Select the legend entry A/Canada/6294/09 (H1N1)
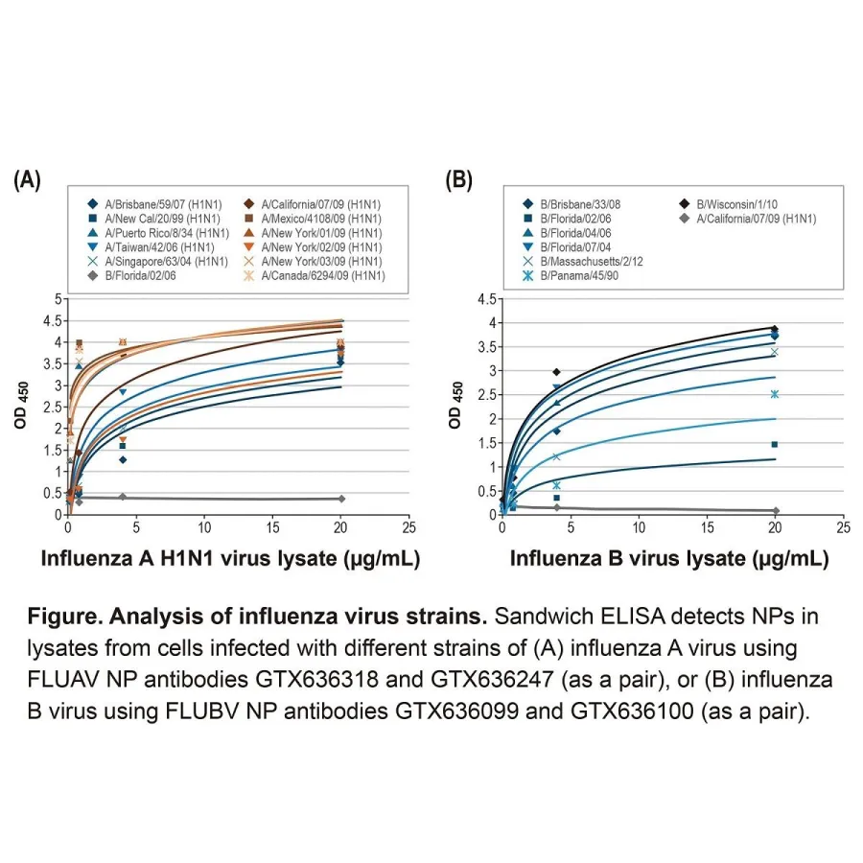pyautogui.click(x=321, y=275)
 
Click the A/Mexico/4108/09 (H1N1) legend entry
pyautogui.click(x=321, y=218)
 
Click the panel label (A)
pyautogui.click(x=26, y=180)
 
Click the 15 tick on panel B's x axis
pyautogui.click(x=707, y=527)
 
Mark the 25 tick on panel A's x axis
pyautogui.click(x=409, y=527)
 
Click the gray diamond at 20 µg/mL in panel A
pyautogui.click(x=341, y=499)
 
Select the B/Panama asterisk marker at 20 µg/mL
pyautogui.click(x=775, y=394)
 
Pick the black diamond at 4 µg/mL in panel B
pyautogui.click(x=556, y=371)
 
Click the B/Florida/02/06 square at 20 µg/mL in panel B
pyautogui.click(x=775, y=444)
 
